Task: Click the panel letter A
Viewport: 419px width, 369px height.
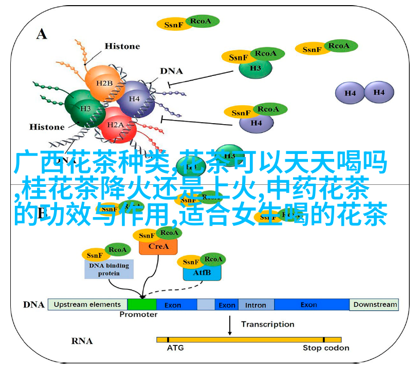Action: click(42, 34)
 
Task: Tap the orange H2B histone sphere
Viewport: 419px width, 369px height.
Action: click(103, 82)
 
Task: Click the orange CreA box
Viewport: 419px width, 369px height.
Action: click(158, 246)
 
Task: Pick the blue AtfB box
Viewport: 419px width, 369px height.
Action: click(202, 273)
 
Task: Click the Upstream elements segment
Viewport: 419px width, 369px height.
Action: click(87, 304)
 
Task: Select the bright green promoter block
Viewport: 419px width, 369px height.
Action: click(141, 304)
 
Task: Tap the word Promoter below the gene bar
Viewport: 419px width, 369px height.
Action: click(138, 315)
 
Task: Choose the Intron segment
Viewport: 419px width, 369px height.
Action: click(256, 304)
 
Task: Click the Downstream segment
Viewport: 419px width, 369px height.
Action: click(375, 304)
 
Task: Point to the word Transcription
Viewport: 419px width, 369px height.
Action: click(267, 324)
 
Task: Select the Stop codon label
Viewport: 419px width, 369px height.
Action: click(326, 348)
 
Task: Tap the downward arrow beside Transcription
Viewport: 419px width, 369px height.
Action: click(229, 324)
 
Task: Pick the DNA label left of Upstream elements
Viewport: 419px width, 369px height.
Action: click(33, 304)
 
